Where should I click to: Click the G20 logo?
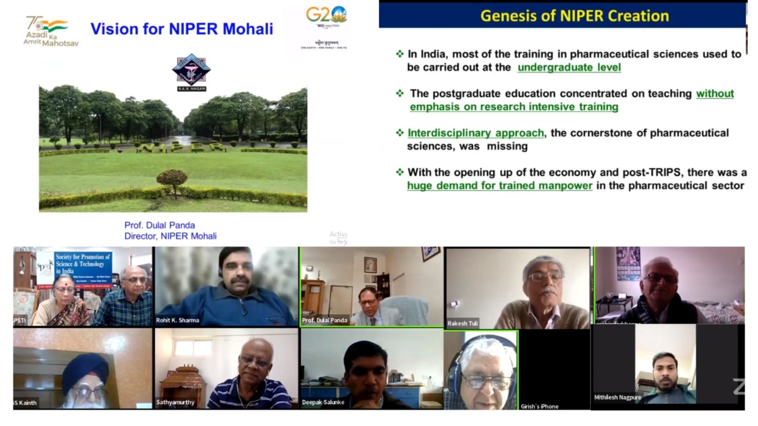[x=326, y=15]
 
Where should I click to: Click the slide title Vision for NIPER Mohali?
[x=182, y=29]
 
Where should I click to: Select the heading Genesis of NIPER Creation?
[x=574, y=16]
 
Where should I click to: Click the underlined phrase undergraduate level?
[x=569, y=68]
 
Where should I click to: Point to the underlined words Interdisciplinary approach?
[x=476, y=133]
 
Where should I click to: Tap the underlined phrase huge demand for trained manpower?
[x=500, y=186]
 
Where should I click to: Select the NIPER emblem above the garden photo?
[x=191, y=71]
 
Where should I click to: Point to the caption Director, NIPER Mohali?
[x=171, y=236]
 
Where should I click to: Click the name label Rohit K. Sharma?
[x=177, y=321]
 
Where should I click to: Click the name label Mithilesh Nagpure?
[x=618, y=398]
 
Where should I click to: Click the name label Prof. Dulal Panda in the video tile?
[x=325, y=321]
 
